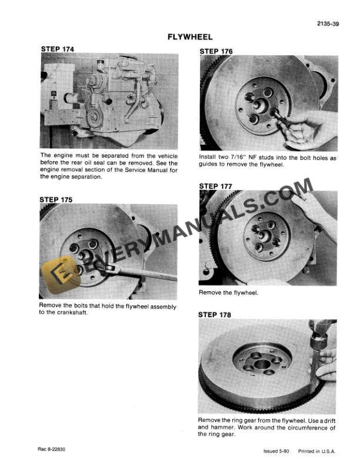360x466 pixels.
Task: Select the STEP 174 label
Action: pos(58,48)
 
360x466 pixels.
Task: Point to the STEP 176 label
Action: pos(216,51)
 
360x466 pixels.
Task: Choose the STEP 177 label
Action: pos(216,186)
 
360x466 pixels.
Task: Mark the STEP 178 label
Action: pos(216,315)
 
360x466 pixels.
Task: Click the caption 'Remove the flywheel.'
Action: pos(229,292)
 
